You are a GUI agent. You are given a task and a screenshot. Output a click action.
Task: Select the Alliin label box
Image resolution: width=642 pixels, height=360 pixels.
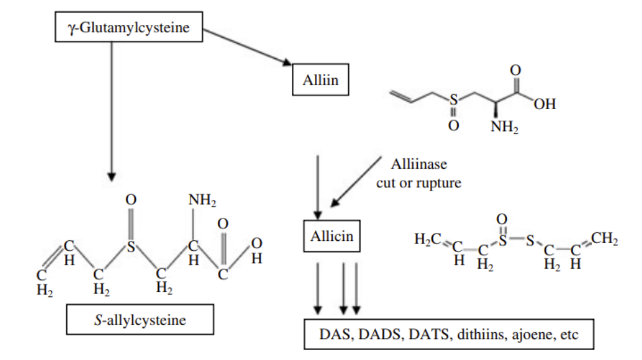[x=320, y=81]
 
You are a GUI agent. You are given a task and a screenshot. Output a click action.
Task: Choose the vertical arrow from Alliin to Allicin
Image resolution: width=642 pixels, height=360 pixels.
[x=318, y=185]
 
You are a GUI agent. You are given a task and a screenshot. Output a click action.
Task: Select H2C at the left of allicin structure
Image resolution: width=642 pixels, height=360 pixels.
[x=428, y=239]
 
